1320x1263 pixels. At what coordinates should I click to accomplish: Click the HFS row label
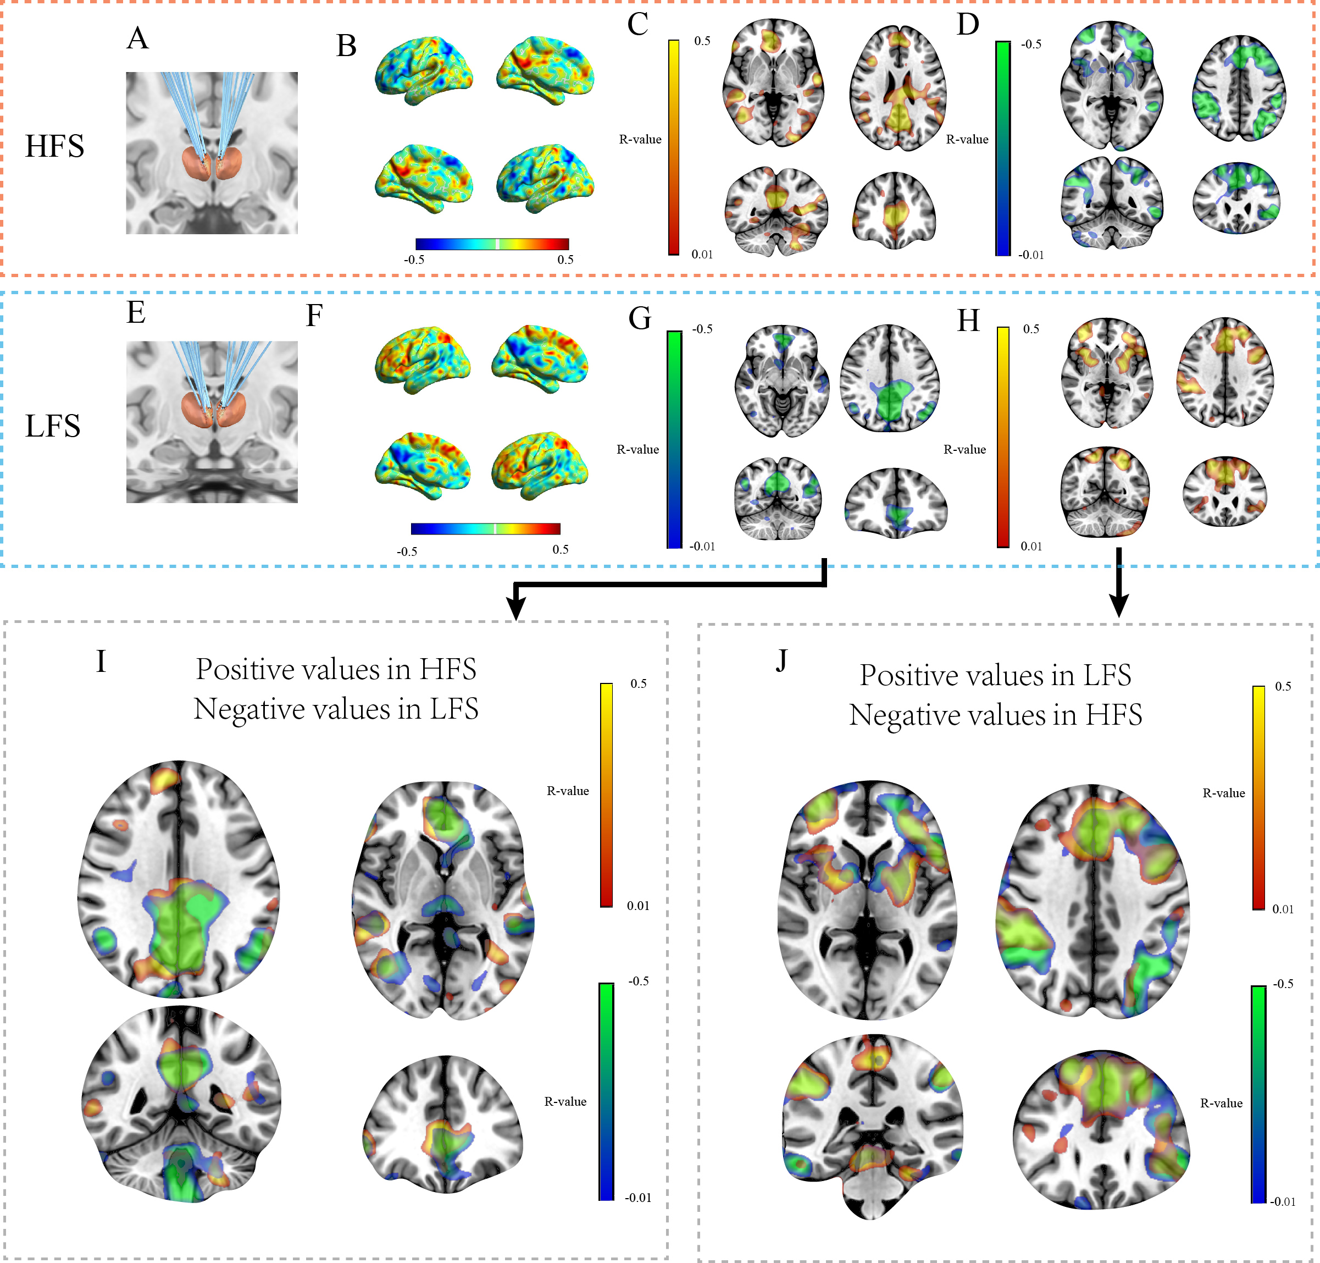(54, 146)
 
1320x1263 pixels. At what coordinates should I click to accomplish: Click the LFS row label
(52, 426)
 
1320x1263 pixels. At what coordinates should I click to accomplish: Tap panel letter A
(137, 38)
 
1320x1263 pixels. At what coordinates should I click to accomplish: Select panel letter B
(346, 46)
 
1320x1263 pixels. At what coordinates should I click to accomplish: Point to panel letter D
(967, 24)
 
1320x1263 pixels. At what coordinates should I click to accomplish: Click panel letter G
(639, 318)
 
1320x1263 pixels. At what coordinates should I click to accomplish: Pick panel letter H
(968, 321)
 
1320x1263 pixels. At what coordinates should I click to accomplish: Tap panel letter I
(101, 661)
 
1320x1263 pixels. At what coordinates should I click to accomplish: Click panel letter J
(781, 660)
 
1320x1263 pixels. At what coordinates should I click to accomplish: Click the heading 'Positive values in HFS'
(336, 669)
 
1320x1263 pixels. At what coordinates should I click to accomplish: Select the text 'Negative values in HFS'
(995, 715)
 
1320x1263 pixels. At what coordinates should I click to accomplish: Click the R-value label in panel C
(640, 139)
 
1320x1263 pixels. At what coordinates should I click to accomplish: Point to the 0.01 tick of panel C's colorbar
(702, 255)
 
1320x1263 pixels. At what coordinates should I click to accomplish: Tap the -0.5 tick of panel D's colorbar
(1031, 45)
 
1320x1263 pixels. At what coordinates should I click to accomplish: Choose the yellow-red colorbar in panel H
(1003, 437)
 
